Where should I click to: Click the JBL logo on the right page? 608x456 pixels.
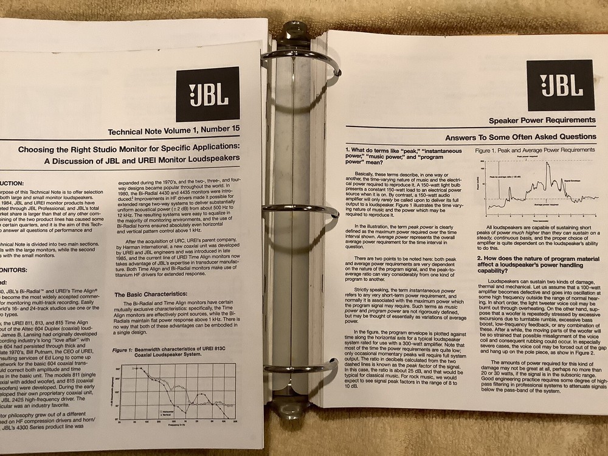[x=560, y=85]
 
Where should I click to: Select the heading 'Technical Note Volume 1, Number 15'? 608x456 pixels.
[x=173, y=131]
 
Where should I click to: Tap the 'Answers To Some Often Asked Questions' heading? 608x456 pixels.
[x=520, y=137]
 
